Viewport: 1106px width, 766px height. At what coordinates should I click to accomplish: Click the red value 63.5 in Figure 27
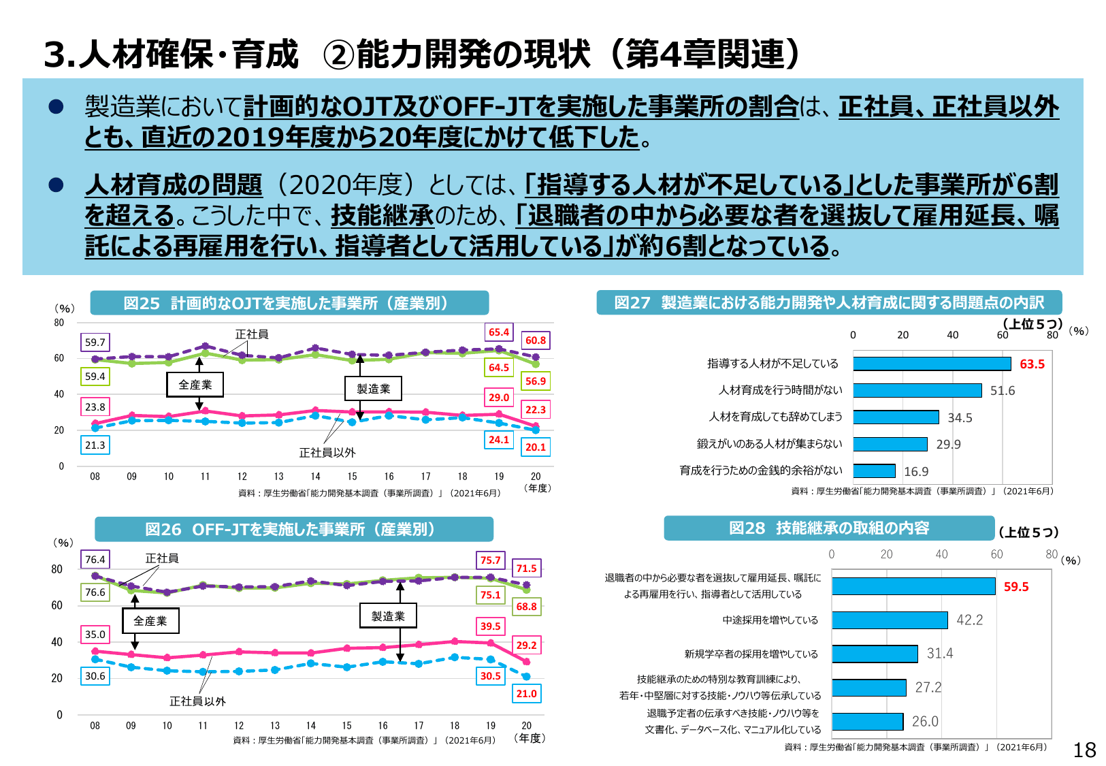click(1032, 364)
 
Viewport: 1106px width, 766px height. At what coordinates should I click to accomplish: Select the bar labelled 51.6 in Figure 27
click(917, 390)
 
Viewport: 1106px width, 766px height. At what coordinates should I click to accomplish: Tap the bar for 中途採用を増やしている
click(889, 620)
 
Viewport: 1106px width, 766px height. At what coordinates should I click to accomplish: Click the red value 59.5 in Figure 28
click(1015, 587)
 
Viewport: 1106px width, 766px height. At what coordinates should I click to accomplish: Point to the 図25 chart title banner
click(289, 303)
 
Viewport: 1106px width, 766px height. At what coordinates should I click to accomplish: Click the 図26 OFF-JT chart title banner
click(293, 529)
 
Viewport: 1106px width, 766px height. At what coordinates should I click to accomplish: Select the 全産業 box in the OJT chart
click(195, 385)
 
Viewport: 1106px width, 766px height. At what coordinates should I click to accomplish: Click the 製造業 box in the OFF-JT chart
click(388, 616)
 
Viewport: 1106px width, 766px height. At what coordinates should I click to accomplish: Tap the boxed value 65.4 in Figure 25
click(499, 332)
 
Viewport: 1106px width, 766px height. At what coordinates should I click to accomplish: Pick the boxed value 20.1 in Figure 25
click(536, 447)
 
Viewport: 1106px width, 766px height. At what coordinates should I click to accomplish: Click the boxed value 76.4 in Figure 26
click(95, 560)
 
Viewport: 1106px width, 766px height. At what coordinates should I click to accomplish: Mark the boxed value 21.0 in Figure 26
click(526, 694)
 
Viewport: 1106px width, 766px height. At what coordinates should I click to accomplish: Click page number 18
click(1084, 750)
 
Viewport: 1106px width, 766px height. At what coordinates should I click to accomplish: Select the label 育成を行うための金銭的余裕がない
click(760, 470)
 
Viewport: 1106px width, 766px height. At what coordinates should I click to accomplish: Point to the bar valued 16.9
click(874, 471)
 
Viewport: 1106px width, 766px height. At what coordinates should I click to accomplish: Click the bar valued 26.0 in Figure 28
click(867, 721)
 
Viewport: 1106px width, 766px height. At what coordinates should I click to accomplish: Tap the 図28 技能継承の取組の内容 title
click(829, 528)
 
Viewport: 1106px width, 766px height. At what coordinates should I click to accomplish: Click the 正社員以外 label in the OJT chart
click(327, 453)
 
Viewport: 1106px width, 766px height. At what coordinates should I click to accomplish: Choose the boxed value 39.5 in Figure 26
click(490, 626)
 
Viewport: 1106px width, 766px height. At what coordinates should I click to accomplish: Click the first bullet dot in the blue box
click(56, 107)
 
